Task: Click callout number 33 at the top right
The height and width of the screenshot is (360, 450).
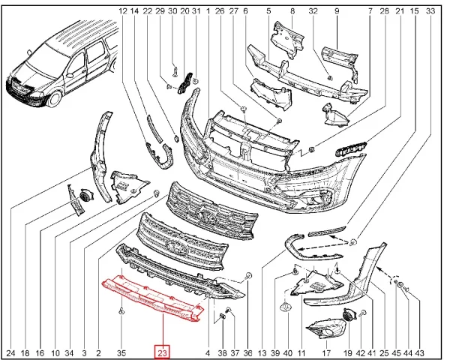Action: (430, 11)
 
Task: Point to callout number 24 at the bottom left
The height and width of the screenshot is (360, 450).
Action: (10, 352)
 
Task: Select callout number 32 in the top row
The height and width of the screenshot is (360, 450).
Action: (313, 11)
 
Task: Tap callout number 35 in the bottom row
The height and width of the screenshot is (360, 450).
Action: (121, 352)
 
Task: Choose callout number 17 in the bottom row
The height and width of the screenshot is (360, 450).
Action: (326, 352)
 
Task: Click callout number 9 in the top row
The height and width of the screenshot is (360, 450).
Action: (337, 11)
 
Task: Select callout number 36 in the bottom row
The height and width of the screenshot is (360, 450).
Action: (248, 352)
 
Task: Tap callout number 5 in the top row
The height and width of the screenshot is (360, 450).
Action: (268, 11)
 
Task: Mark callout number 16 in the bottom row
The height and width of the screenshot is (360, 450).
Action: (40, 352)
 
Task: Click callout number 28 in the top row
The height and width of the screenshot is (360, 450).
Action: (384, 11)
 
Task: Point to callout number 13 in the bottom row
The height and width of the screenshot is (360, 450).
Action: (262, 352)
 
